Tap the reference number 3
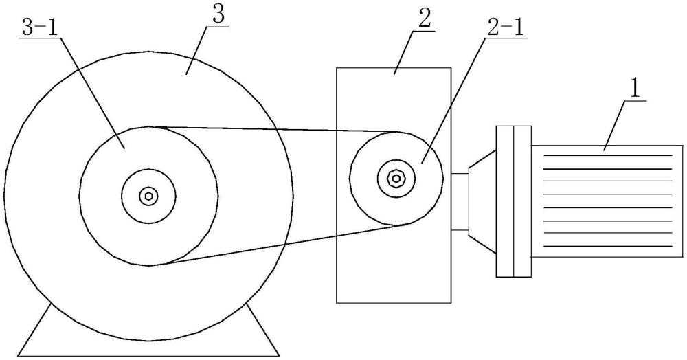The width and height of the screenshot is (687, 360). tap(218, 18)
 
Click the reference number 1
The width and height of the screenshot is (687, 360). tap(635, 89)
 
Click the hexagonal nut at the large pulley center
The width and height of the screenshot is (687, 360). tap(148, 196)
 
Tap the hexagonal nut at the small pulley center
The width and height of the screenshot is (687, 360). tap(397, 179)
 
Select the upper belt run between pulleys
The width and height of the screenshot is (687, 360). tap(275, 129)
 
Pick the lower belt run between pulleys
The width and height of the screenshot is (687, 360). tap(275, 245)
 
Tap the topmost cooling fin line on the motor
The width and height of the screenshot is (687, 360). tap(608, 156)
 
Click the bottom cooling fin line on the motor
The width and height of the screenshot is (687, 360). tap(608, 246)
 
